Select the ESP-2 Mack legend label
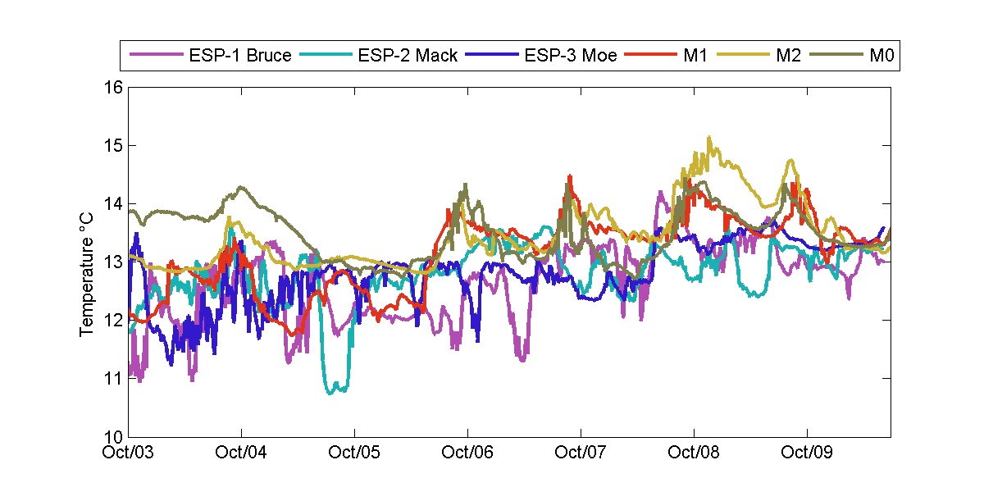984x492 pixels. [x=408, y=57]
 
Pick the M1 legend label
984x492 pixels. [x=695, y=57]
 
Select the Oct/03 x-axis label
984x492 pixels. [x=129, y=453]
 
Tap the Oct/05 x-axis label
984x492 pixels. [x=355, y=453]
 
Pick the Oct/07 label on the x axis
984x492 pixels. [x=581, y=453]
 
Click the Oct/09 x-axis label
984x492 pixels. [x=808, y=453]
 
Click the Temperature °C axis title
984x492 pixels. [x=86, y=262]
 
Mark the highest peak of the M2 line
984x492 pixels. [x=709, y=138]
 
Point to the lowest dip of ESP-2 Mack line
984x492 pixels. [x=331, y=393]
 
